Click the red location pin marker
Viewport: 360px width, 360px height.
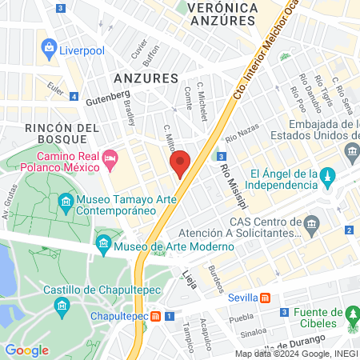(x=180, y=163)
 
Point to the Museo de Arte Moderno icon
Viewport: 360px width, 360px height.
(x=102, y=242)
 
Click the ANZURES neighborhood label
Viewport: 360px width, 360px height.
(x=145, y=78)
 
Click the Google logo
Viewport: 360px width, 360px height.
(x=27, y=350)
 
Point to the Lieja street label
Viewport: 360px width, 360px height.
(x=190, y=280)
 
